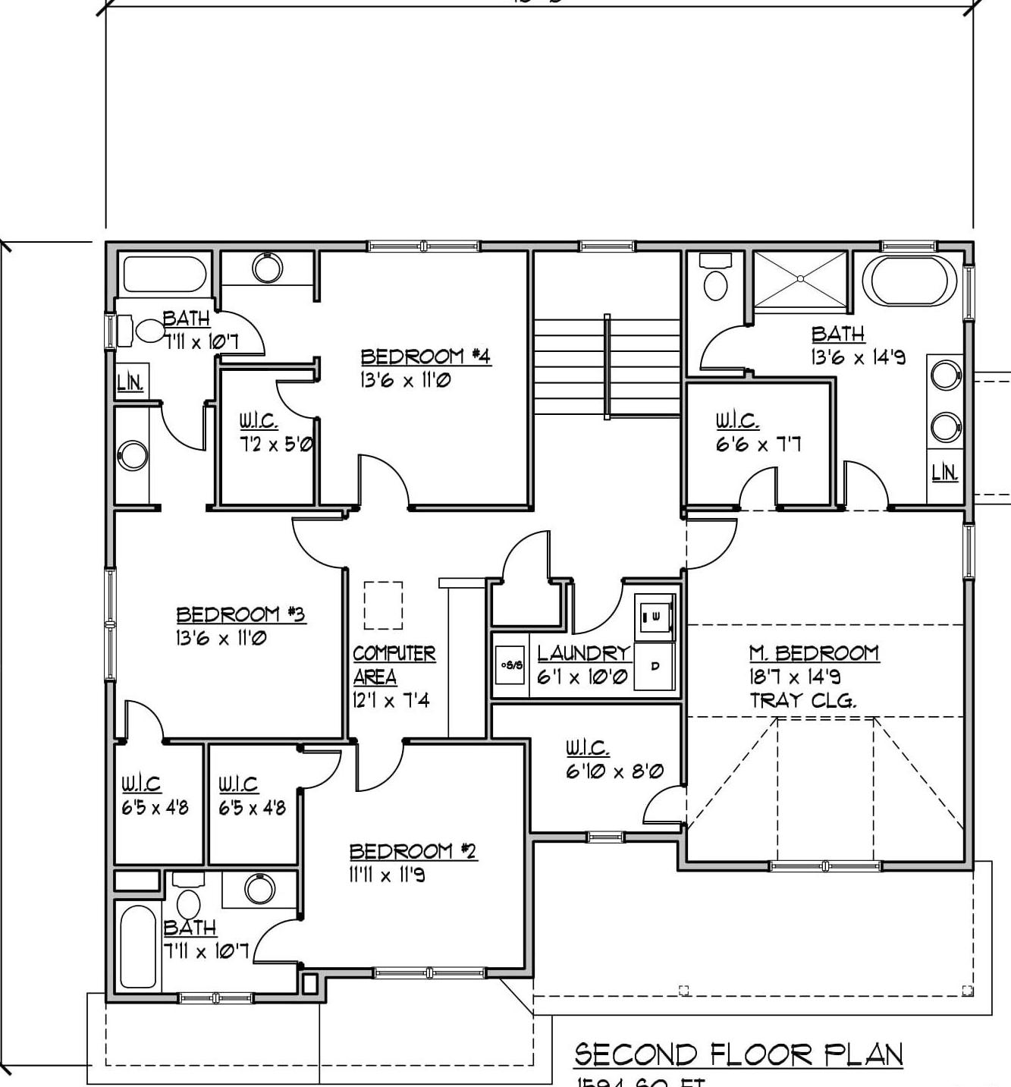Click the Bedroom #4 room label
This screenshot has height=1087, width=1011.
pyautogui.click(x=425, y=357)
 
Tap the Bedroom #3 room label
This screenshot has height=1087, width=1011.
pyautogui.click(x=240, y=614)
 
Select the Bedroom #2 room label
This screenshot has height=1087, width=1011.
pyautogui.click(x=413, y=851)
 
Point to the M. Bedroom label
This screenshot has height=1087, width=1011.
pyautogui.click(x=814, y=653)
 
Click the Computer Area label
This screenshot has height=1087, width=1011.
pyautogui.click(x=394, y=664)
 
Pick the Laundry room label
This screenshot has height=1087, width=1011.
pyautogui.click(x=583, y=653)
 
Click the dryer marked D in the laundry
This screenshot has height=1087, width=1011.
pyautogui.click(x=655, y=667)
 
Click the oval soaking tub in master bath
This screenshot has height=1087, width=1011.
pyautogui.click(x=909, y=281)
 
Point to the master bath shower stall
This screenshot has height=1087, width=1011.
pyautogui.click(x=800, y=280)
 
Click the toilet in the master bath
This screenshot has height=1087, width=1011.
pyautogui.click(x=715, y=278)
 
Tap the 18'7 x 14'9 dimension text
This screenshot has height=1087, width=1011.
pyautogui.click(x=795, y=677)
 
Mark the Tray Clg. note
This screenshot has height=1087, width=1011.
pyautogui.click(x=803, y=700)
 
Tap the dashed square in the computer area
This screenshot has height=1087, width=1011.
pyautogui.click(x=383, y=605)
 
